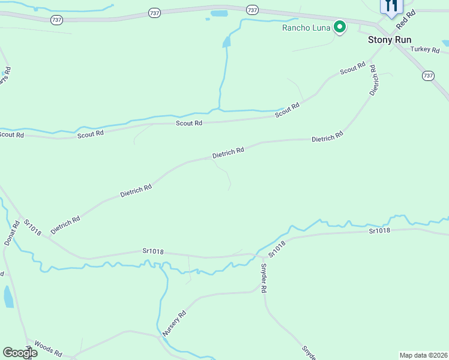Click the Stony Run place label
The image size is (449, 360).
(390, 40)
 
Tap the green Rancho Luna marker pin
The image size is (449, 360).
(340, 27)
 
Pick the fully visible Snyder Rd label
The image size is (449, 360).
(264, 279)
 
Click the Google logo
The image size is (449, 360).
(20, 353)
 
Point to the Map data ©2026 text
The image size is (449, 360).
(423, 355)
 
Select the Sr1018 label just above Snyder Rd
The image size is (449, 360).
(277, 248)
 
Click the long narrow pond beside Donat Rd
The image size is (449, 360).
(8, 296)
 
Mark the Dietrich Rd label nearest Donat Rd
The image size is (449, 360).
(65, 225)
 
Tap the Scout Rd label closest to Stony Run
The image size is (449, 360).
(353, 69)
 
